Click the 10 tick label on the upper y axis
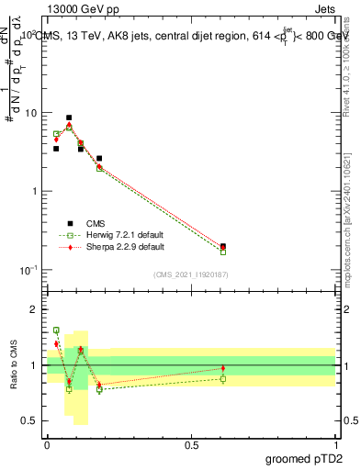(30, 113)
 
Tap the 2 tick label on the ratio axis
(34, 309)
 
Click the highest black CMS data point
(69, 117)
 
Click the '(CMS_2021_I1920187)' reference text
(190, 274)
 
